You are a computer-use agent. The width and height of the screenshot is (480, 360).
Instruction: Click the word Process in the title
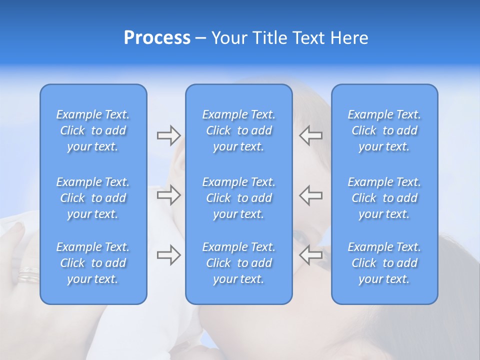click(157, 38)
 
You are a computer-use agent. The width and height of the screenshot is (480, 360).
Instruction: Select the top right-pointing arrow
click(168, 135)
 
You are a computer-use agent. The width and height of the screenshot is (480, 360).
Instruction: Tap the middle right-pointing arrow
click(168, 195)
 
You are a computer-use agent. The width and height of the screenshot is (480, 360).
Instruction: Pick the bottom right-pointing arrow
click(168, 255)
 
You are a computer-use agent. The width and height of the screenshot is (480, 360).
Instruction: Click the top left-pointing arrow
click(310, 135)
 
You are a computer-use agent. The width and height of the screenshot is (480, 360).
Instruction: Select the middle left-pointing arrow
click(310, 195)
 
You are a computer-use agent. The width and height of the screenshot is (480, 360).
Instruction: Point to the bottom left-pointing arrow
click(310, 255)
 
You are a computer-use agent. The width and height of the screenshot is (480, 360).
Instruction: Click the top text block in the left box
click(93, 130)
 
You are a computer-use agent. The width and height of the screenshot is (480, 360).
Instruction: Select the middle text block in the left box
click(93, 198)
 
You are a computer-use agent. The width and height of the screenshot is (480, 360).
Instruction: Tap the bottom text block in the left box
click(93, 263)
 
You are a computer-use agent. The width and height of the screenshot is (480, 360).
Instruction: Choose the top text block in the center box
click(239, 130)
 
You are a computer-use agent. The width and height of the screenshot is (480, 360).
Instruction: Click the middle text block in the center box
click(239, 198)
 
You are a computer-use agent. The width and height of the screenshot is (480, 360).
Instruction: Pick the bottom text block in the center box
click(239, 263)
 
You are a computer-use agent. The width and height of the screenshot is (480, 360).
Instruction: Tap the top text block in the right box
click(384, 130)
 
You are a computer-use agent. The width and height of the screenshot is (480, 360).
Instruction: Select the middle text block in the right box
click(384, 198)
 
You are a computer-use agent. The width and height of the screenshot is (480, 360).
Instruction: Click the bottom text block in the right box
click(384, 263)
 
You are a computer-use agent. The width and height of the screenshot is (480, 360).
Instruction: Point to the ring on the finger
click(28, 275)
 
